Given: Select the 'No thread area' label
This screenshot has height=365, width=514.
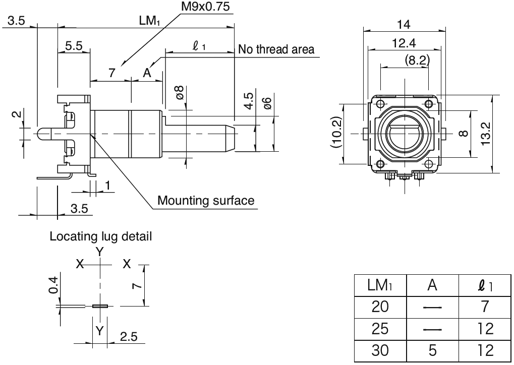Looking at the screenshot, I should (276, 49).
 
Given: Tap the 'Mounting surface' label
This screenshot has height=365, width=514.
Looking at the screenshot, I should (206, 201).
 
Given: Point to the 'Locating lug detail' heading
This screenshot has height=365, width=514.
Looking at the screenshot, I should (100, 236).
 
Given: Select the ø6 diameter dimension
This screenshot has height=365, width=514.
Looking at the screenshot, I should (268, 104).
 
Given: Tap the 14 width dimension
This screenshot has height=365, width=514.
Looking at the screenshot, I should (404, 24).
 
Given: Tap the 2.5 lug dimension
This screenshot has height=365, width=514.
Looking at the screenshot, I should (128, 337).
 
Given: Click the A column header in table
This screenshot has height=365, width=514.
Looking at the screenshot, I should (432, 285).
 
